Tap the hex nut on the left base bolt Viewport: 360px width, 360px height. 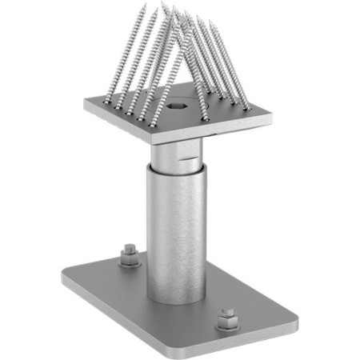128,254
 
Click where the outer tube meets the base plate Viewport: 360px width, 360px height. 175,299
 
